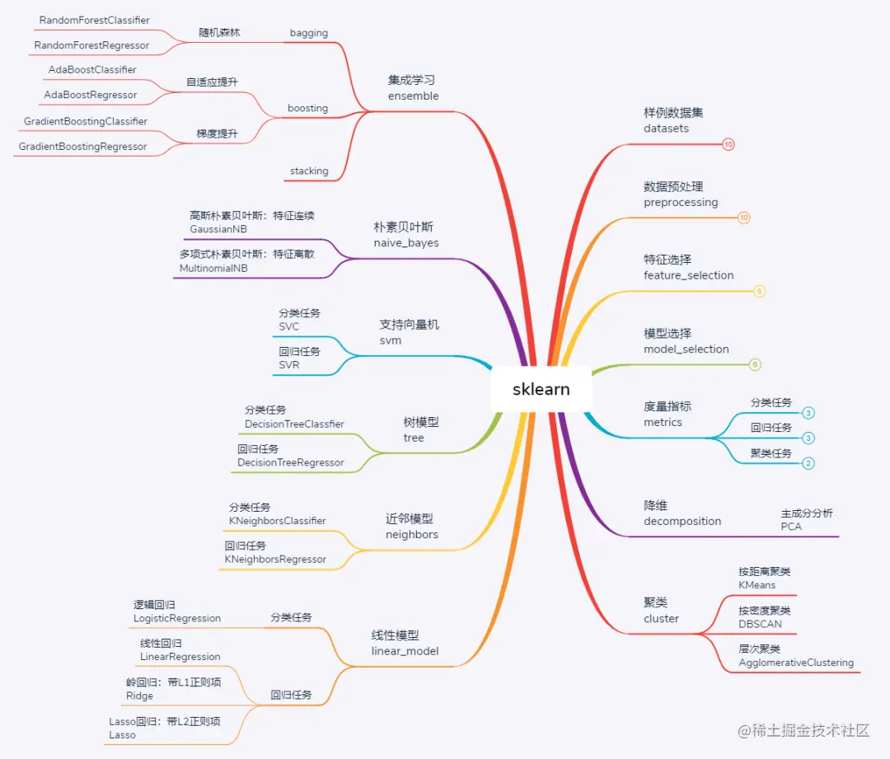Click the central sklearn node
click(541, 389)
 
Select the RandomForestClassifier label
click(95, 20)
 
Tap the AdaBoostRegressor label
click(91, 95)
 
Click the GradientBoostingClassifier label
click(86, 121)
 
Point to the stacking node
click(309, 171)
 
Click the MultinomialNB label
click(213, 268)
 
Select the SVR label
click(289, 365)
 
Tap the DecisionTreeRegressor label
click(291, 462)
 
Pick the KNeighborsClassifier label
click(278, 521)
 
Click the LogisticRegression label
click(177, 618)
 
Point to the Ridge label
click(140, 696)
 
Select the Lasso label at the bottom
click(123, 734)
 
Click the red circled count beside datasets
click(728, 144)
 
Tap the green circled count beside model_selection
click(755, 364)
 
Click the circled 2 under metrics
click(808, 463)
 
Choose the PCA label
click(791, 527)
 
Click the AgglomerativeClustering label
click(796, 663)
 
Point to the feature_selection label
click(688, 275)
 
